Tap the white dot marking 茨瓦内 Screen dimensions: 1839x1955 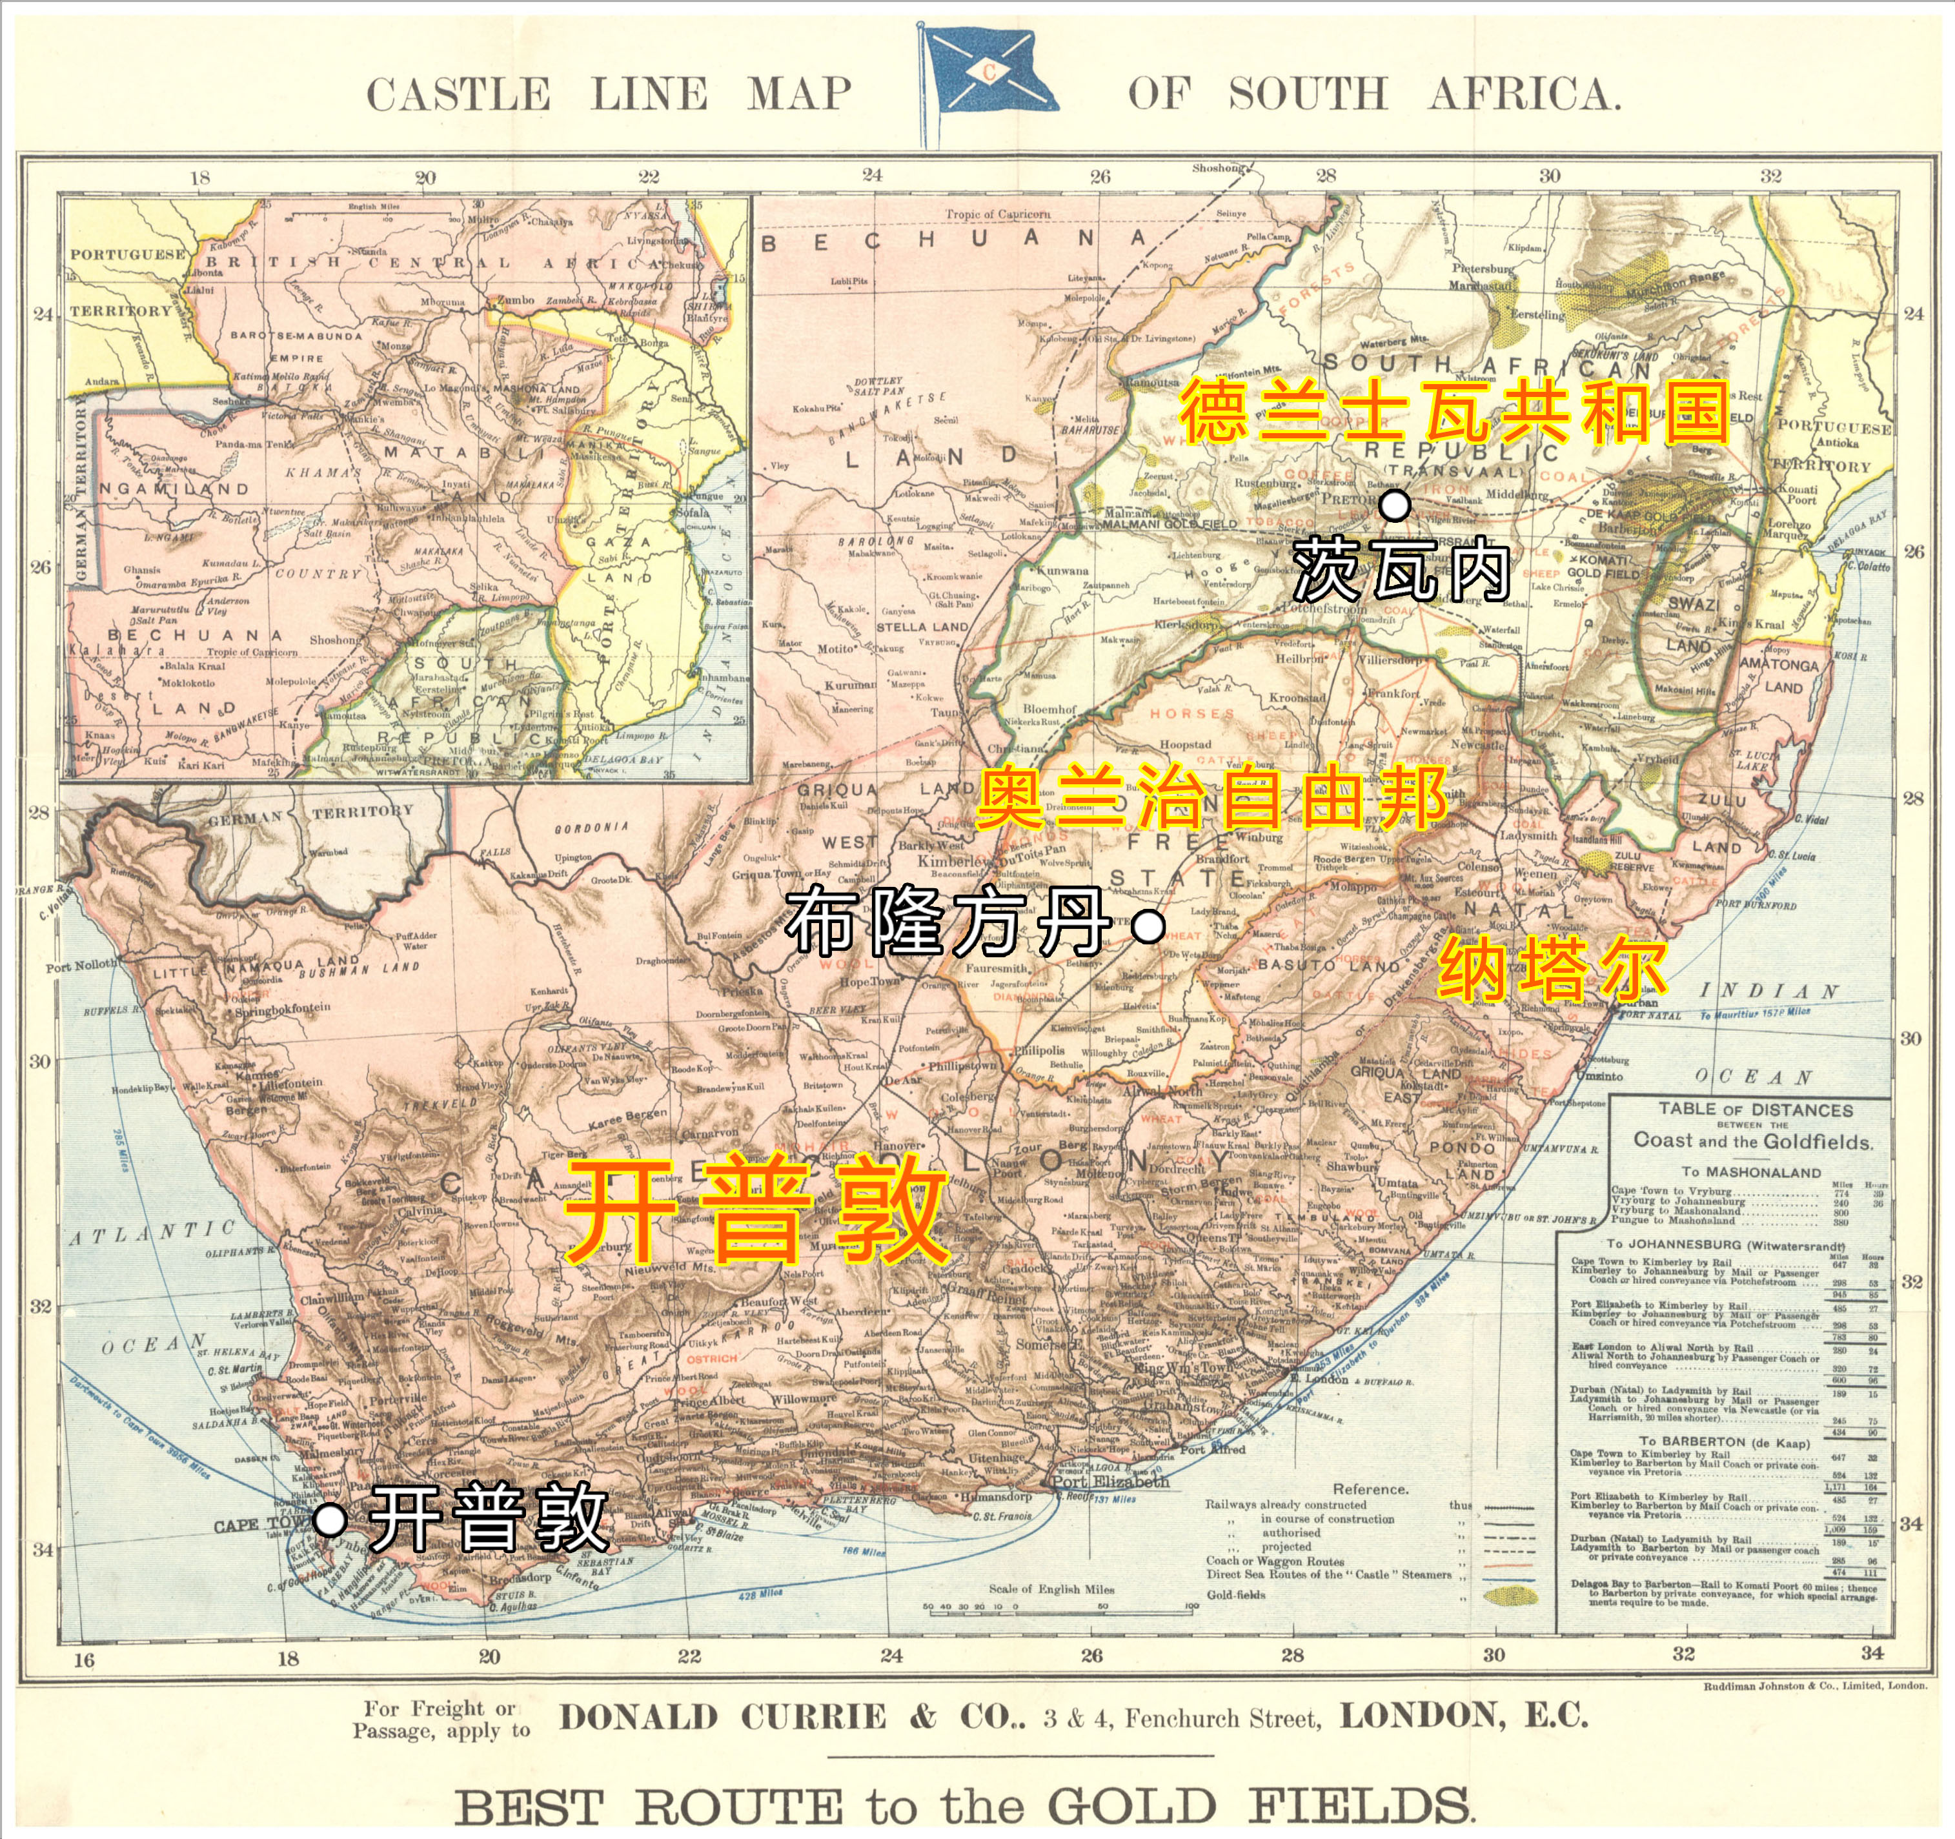coord(1395,505)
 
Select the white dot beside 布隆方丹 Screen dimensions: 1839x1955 coord(1148,926)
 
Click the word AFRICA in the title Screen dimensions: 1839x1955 coord(1523,96)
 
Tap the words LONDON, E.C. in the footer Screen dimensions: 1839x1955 coord(1464,1716)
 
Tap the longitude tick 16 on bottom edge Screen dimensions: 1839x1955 coord(85,1660)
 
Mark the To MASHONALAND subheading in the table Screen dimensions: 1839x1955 coord(1750,1172)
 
